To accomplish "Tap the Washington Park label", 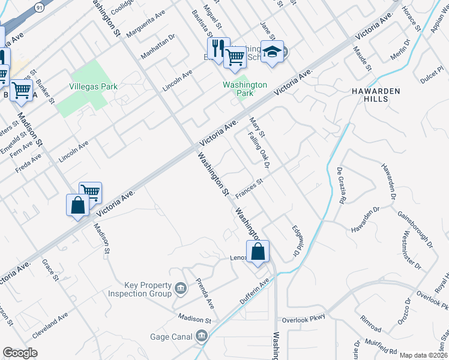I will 245,89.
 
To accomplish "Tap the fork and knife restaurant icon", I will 218,48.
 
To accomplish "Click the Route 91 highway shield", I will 39,7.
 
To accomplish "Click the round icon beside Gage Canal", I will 202,336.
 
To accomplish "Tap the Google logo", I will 20,353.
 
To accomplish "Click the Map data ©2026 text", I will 423,355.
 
